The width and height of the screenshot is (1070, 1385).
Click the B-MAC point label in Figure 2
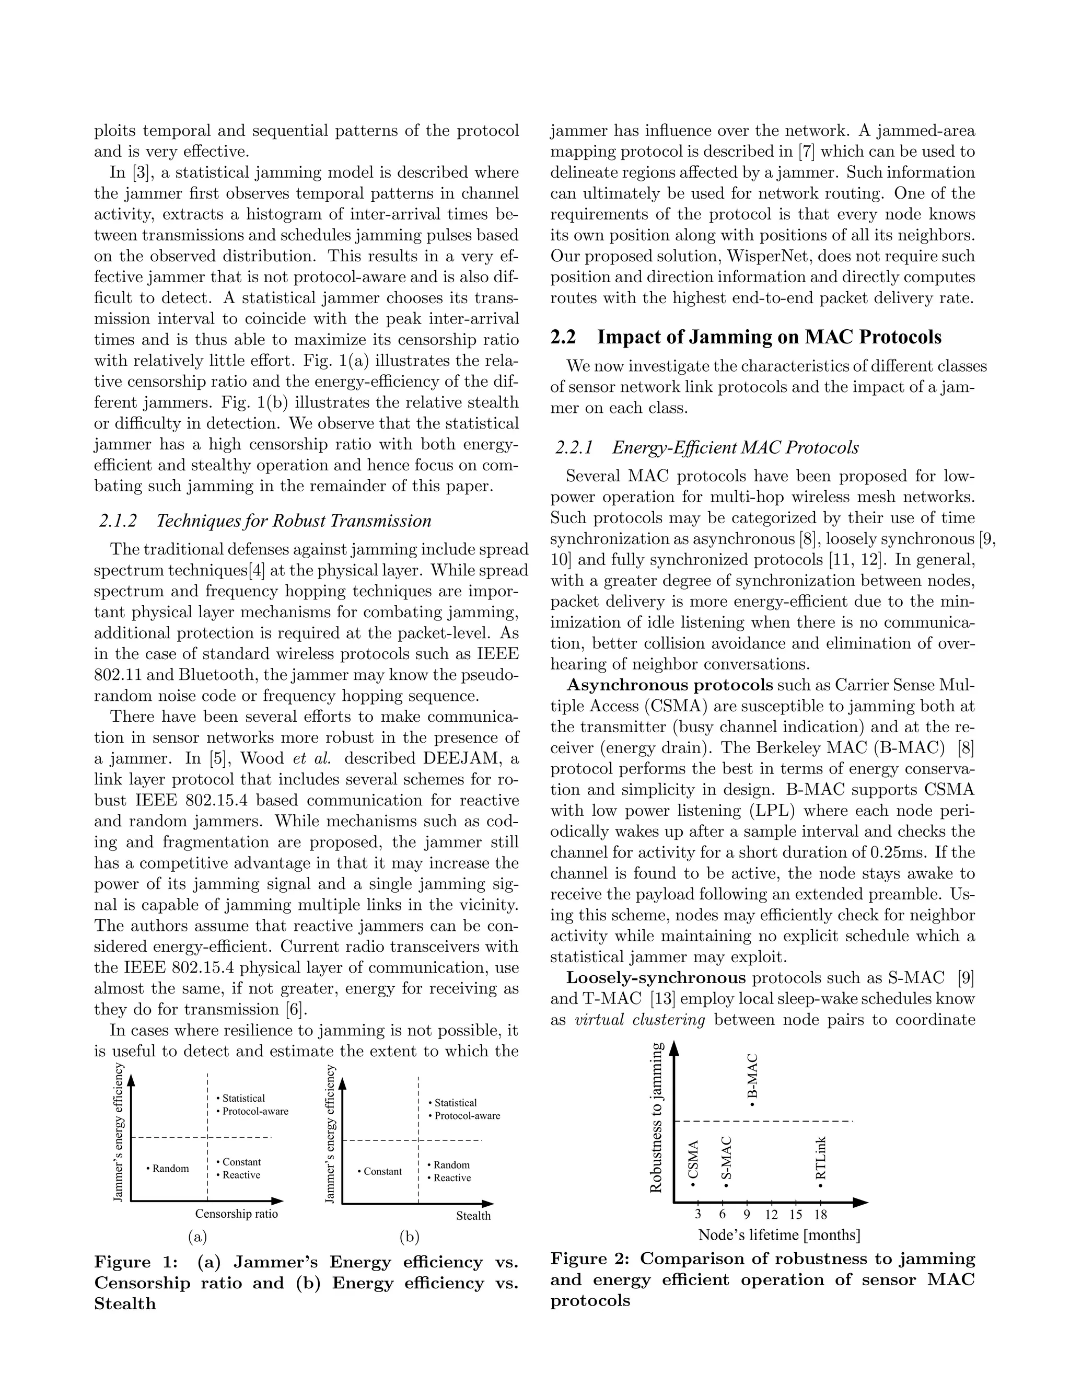[x=752, y=1079]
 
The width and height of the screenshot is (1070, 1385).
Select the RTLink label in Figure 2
[x=821, y=1159]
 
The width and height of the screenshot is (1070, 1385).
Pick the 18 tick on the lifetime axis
[x=820, y=1215]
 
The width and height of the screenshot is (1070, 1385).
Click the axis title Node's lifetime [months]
[x=779, y=1234]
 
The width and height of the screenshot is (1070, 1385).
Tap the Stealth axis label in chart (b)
[x=473, y=1216]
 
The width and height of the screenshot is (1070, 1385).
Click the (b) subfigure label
[x=410, y=1236]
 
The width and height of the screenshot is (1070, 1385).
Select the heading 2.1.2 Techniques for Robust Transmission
[x=265, y=521]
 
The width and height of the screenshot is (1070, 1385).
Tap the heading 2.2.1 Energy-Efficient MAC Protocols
[x=707, y=448]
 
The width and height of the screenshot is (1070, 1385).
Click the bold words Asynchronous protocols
[x=669, y=685]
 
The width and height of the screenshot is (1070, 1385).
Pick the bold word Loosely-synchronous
[x=656, y=978]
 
